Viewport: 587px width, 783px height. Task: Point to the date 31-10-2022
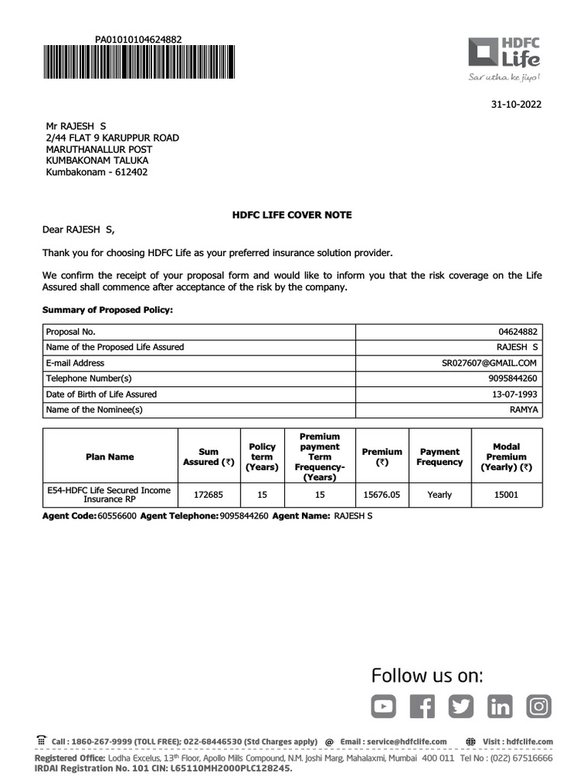click(515, 105)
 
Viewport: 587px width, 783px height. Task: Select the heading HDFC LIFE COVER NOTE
click(292, 215)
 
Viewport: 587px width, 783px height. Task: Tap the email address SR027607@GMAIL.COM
click(484, 363)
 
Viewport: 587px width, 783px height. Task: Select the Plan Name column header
click(110, 456)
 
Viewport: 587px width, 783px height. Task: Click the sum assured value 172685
click(208, 495)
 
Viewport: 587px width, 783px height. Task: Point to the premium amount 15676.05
click(381, 495)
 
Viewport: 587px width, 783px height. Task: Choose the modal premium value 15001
click(506, 495)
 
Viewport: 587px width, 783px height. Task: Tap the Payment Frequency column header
click(439, 456)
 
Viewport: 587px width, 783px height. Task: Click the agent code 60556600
click(117, 516)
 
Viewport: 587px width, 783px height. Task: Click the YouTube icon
click(384, 707)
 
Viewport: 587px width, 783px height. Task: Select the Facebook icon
click(422, 707)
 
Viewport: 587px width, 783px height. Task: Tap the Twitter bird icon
click(461, 707)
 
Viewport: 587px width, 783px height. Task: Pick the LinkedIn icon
click(500, 707)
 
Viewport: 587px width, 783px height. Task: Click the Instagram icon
click(539, 707)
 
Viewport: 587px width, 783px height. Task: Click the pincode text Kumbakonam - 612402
click(96, 172)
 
